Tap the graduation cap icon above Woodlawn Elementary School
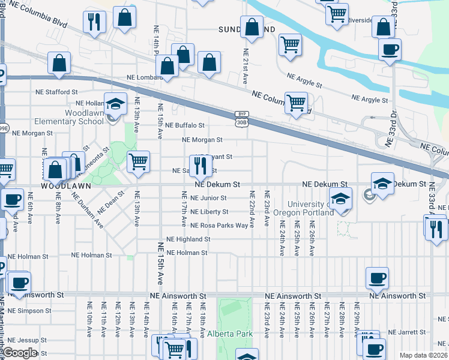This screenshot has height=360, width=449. click(x=115, y=104)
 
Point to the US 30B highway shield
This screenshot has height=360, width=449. click(x=241, y=122)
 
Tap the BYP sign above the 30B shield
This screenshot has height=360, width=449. click(x=241, y=113)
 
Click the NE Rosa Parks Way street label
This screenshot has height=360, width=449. click(x=218, y=226)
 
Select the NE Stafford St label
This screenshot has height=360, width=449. click(x=56, y=92)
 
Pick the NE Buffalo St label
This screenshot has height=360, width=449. click(x=185, y=125)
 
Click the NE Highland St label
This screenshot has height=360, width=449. click(x=188, y=239)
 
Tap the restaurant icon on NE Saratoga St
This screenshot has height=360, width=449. click(x=200, y=164)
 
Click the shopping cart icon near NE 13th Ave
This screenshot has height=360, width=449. click(x=138, y=161)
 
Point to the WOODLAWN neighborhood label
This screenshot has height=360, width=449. click(x=65, y=186)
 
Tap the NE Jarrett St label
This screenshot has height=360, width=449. click(x=408, y=332)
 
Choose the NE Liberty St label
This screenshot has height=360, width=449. click(x=209, y=212)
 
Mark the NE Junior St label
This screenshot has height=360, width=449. click(x=208, y=197)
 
